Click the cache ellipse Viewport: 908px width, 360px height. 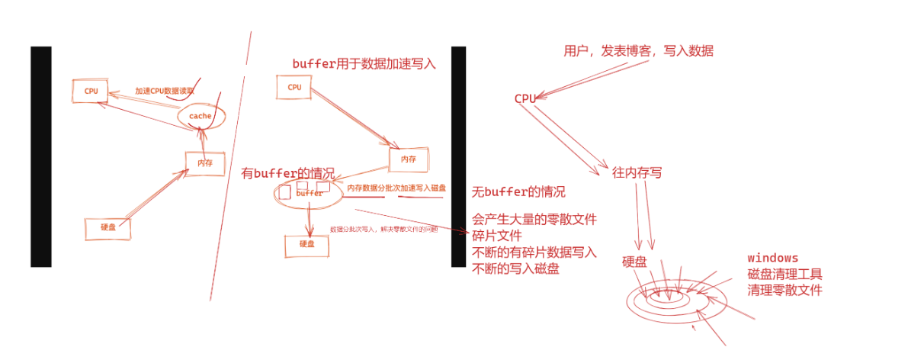(x=201, y=116)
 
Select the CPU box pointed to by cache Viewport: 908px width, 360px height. (x=91, y=90)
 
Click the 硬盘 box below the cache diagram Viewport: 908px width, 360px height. (x=107, y=227)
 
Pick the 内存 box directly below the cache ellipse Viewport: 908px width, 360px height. (x=204, y=163)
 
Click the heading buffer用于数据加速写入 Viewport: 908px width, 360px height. (x=364, y=64)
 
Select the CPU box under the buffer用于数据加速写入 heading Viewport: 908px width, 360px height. (x=294, y=87)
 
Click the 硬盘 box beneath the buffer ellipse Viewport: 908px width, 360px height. (x=306, y=245)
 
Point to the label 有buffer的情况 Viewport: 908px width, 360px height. (x=287, y=174)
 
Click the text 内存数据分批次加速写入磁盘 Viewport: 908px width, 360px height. (x=396, y=188)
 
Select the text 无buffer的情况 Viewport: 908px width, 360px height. (x=518, y=191)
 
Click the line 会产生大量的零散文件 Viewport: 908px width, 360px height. (x=534, y=220)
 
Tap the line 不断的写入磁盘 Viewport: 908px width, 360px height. (x=516, y=268)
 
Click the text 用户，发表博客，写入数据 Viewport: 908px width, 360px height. (x=638, y=51)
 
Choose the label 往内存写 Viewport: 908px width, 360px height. (x=637, y=173)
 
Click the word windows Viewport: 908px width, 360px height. (x=772, y=258)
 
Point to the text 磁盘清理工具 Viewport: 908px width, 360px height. (x=784, y=274)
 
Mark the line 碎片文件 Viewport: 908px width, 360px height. (x=496, y=236)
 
